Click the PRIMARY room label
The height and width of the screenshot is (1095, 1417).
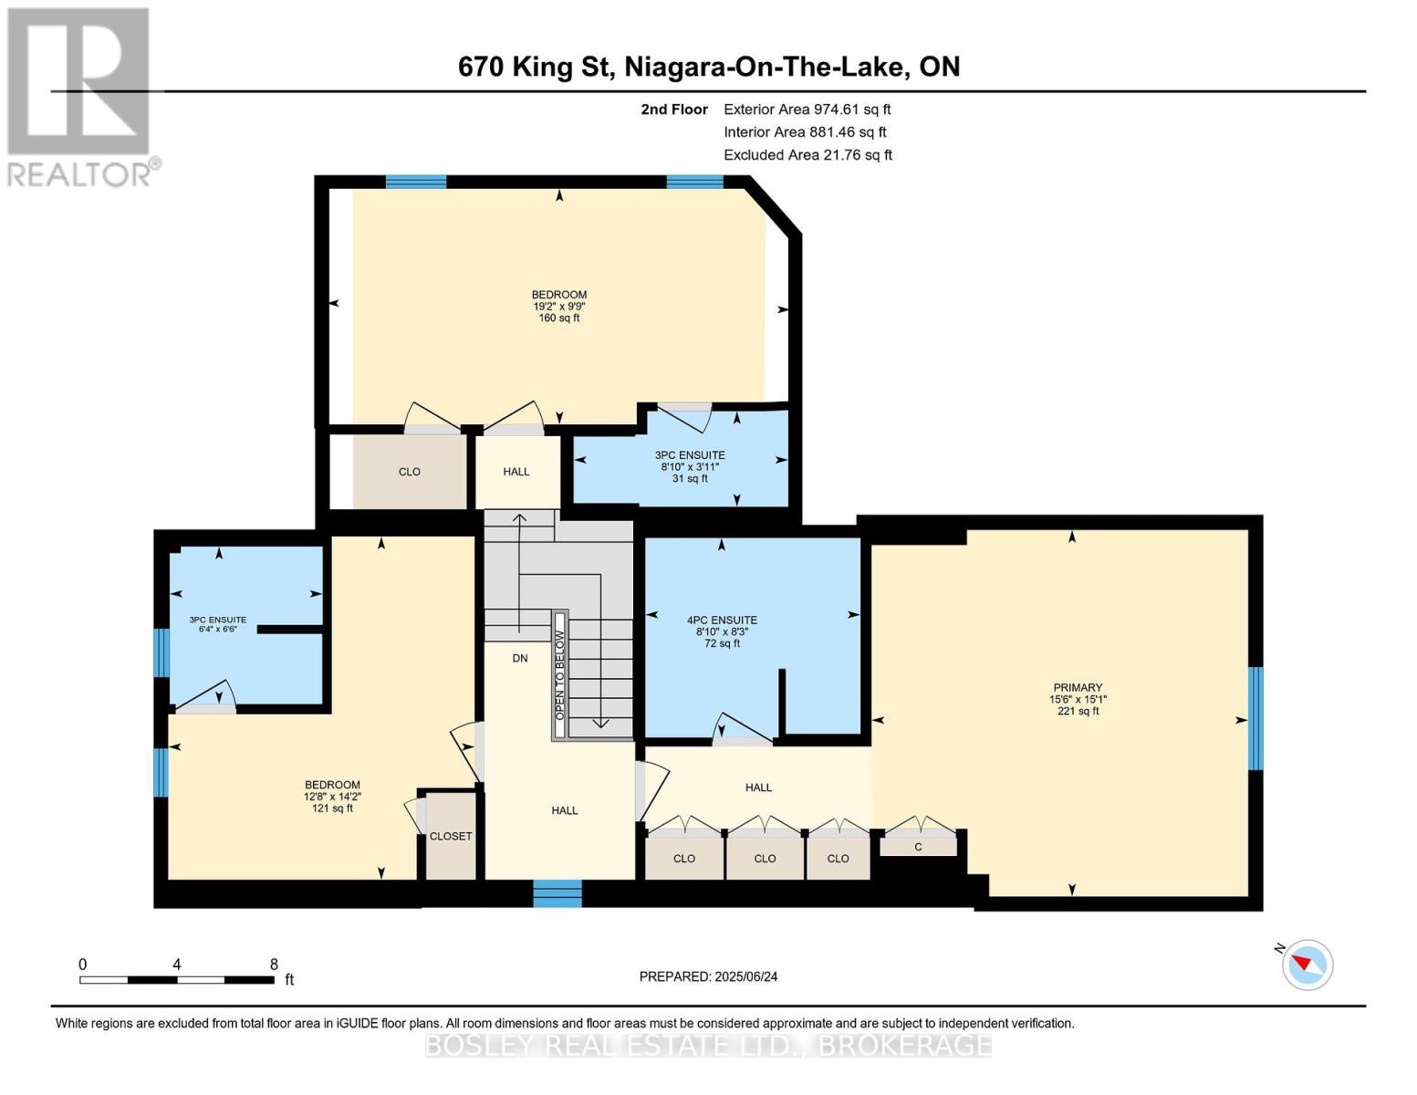[x=1078, y=699]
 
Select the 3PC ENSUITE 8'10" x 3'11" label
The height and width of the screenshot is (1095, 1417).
[x=690, y=466]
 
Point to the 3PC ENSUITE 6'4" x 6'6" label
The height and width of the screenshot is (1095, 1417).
[x=217, y=624]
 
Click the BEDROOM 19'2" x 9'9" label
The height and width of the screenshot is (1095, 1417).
[x=558, y=306]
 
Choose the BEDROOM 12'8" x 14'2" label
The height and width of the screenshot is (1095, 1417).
[x=332, y=796]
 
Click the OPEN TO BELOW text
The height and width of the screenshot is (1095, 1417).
[x=560, y=675]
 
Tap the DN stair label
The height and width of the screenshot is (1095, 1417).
[x=520, y=658]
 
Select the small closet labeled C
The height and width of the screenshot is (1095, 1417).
[x=918, y=847]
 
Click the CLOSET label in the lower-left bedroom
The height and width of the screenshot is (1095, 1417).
[x=451, y=836]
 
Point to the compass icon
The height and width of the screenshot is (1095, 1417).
[x=1308, y=964]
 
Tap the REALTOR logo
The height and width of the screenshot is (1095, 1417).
[x=79, y=96]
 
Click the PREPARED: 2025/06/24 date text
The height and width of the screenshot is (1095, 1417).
[x=708, y=976]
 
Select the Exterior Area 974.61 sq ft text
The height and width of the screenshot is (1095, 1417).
[x=807, y=109]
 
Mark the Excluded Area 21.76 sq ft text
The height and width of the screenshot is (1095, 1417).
[x=807, y=155]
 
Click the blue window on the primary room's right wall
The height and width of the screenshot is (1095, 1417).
[x=1256, y=718]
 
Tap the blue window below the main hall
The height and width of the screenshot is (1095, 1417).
[x=557, y=893]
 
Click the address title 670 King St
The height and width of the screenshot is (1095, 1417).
[x=708, y=67]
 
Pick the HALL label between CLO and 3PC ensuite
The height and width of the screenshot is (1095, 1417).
[x=516, y=472]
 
